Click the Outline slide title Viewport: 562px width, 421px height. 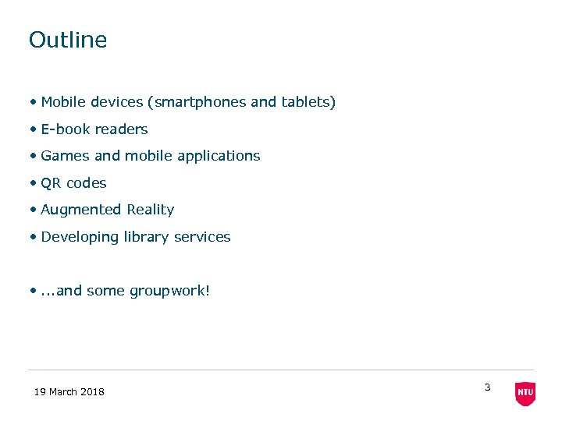pyautogui.click(x=68, y=40)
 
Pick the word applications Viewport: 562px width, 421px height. pyautogui.click(x=219, y=156)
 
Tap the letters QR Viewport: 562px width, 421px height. pyautogui.click(x=52, y=183)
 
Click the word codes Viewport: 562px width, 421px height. pyautogui.click(x=87, y=183)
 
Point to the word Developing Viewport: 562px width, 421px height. pyautogui.click(x=80, y=237)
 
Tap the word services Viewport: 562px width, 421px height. pyautogui.click(x=203, y=237)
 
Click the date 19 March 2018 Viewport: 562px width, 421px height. pyautogui.click(x=69, y=391)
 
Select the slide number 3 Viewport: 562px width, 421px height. pyautogui.click(x=487, y=387)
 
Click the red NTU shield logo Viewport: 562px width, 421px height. pyautogui.click(x=525, y=393)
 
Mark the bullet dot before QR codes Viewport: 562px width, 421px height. pyautogui.click(x=34, y=183)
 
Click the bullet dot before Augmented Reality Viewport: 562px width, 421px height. pyautogui.click(x=34, y=210)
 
